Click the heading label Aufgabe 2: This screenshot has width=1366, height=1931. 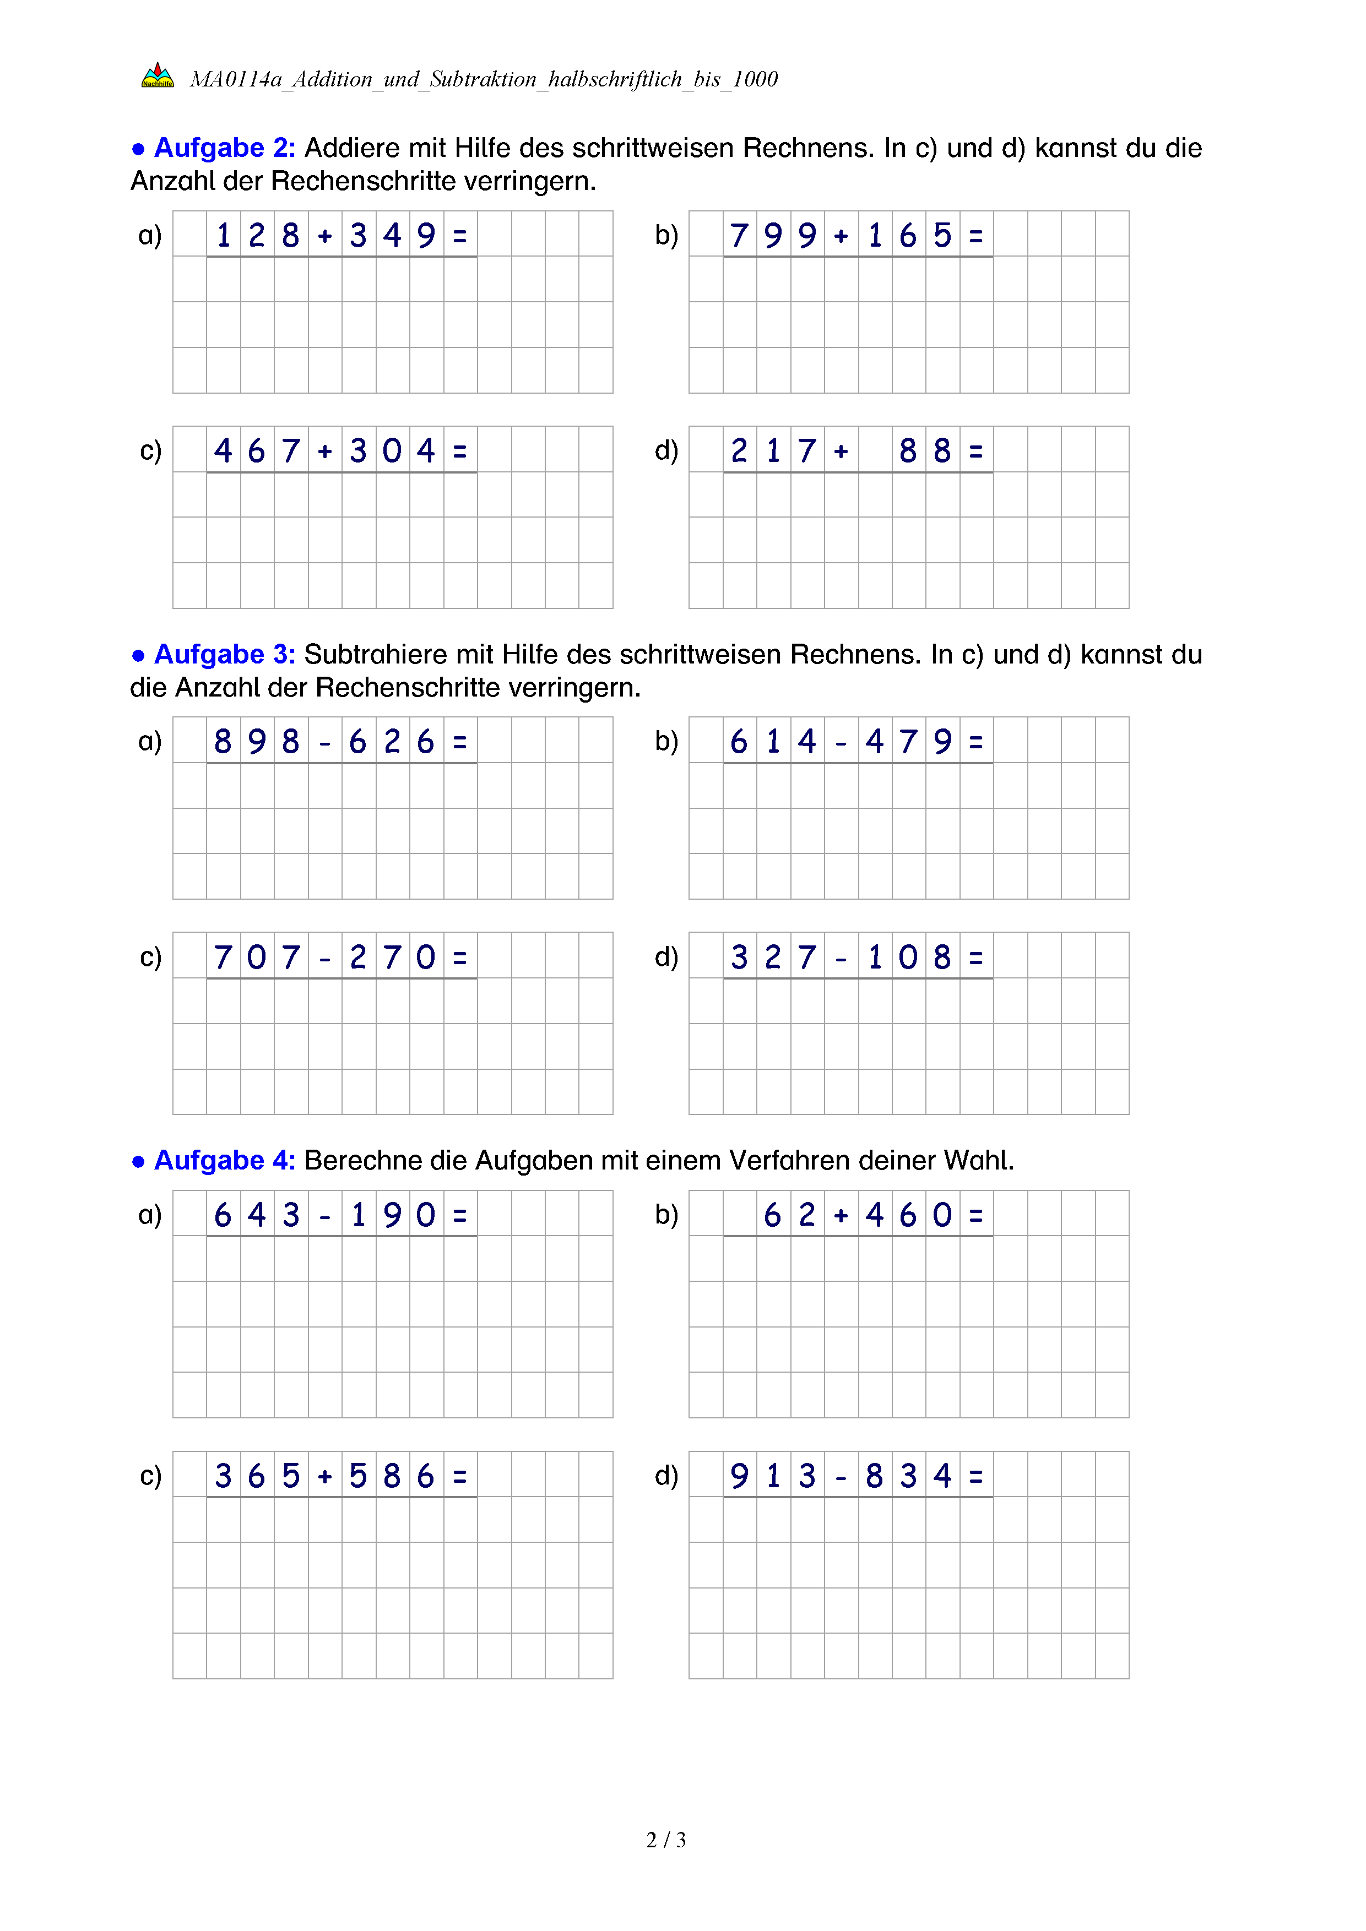coord(224,148)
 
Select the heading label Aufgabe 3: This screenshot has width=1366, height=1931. coord(224,654)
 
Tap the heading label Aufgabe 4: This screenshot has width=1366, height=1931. coord(224,1161)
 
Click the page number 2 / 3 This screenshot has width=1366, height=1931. coord(665,1840)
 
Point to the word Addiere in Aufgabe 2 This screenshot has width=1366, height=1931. coord(351,148)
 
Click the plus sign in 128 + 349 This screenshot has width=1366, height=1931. coord(324,236)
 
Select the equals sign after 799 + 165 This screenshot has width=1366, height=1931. coord(975,236)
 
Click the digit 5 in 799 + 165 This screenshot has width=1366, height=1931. coord(942,236)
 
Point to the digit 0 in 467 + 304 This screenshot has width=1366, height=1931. coord(392,451)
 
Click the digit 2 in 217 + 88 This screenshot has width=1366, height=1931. coord(739,451)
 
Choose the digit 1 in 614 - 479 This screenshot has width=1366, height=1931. coord(773,742)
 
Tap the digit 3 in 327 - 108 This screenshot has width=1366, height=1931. coord(739,957)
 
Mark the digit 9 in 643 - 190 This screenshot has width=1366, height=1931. coord(392,1215)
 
